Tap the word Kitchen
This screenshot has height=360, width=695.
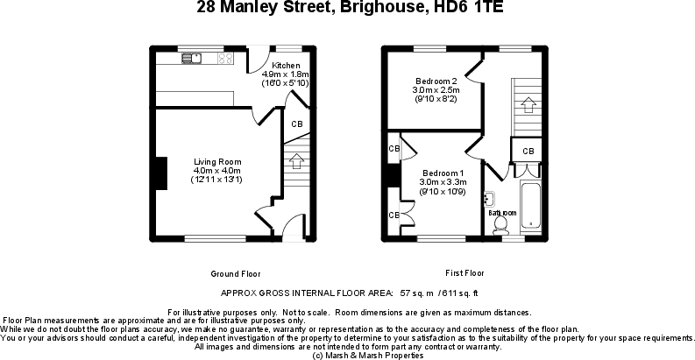click(287, 66)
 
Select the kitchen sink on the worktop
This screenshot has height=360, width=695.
click(191, 59)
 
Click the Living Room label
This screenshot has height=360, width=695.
click(217, 161)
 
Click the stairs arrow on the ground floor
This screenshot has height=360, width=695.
click(296, 161)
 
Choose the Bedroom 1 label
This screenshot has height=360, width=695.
click(443, 173)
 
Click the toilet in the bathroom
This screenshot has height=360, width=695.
click(502, 225)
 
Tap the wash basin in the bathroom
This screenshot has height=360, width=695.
click(490, 199)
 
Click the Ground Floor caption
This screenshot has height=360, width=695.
click(236, 272)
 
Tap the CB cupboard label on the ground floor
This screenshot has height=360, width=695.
click(297, 124)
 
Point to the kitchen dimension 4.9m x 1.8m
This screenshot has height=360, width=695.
click(287, 74)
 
